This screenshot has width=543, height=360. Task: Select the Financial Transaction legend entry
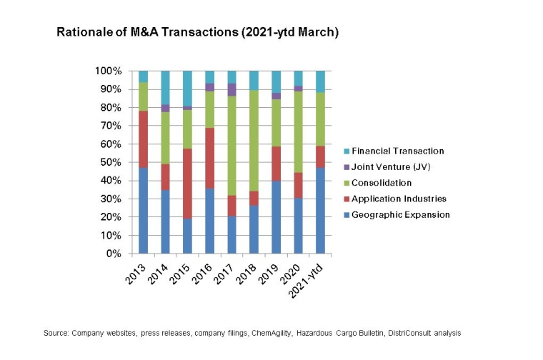pyautogui.click(x=397, y=151)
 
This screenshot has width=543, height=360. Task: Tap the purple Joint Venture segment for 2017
pyautogui.click(x=231, y=89)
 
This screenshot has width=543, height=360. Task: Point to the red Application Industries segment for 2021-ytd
pyautogui.click(x=320, y=156)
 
